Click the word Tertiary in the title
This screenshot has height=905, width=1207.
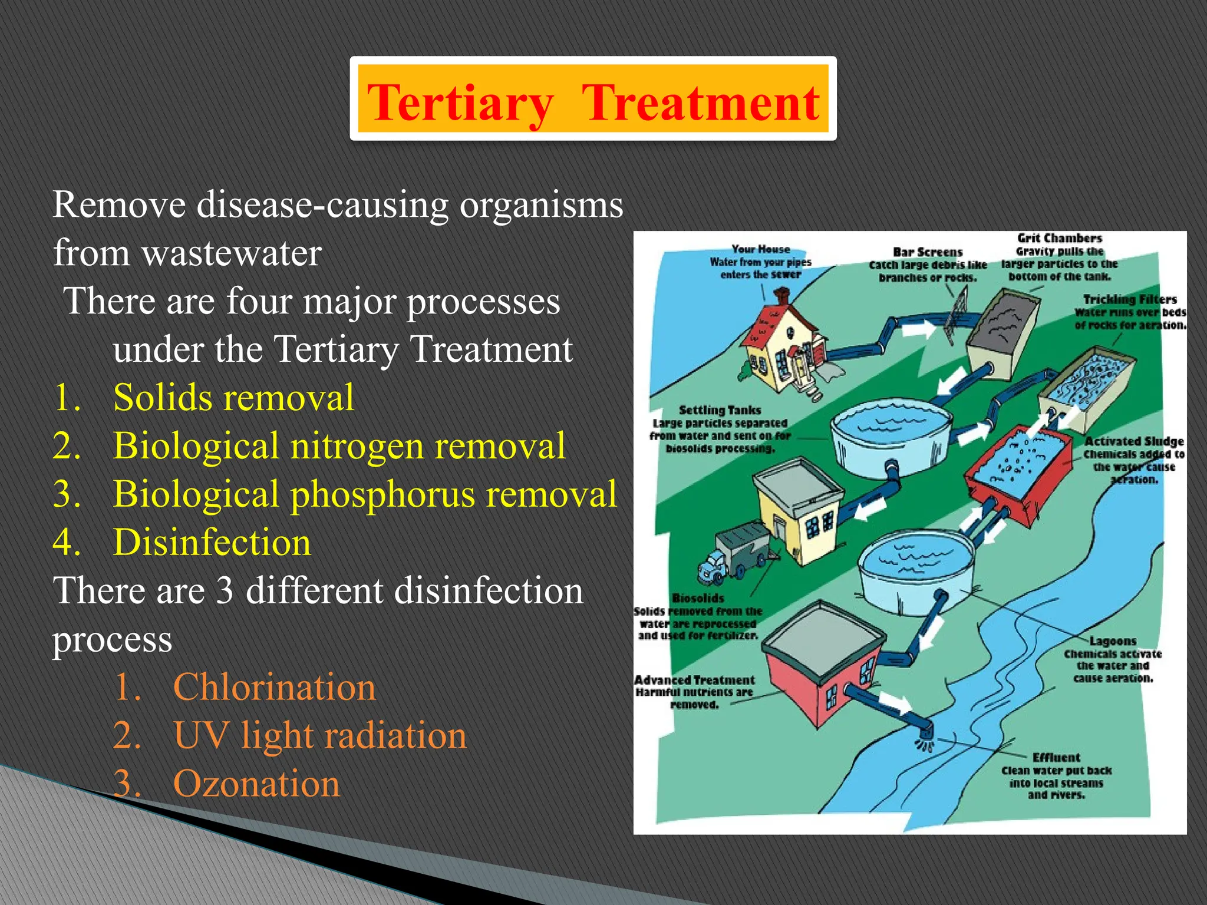coord(460,103)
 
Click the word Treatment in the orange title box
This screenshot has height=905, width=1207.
coord(700,103)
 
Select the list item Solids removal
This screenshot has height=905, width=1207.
coord(233,397)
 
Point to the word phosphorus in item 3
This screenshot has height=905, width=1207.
coord(382,494)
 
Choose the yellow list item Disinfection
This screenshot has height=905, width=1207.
coord(212,542)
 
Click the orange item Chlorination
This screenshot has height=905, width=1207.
coord(274,687)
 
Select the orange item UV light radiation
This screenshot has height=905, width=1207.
coord(319,735)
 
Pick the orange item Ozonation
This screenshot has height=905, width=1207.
coord(256,784)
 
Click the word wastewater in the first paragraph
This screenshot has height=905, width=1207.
coord(231,253)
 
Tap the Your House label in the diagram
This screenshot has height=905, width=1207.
coord(760,249)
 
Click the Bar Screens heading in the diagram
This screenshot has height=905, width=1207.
coord(928,252)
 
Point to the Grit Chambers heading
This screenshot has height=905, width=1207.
coord(1059,239)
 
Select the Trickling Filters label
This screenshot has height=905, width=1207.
coord(1129,299)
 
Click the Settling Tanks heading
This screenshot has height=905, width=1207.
coord(720,410)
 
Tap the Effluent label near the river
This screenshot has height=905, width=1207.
coord(1056,758)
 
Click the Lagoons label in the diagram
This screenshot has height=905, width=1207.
coord(1112,641)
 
